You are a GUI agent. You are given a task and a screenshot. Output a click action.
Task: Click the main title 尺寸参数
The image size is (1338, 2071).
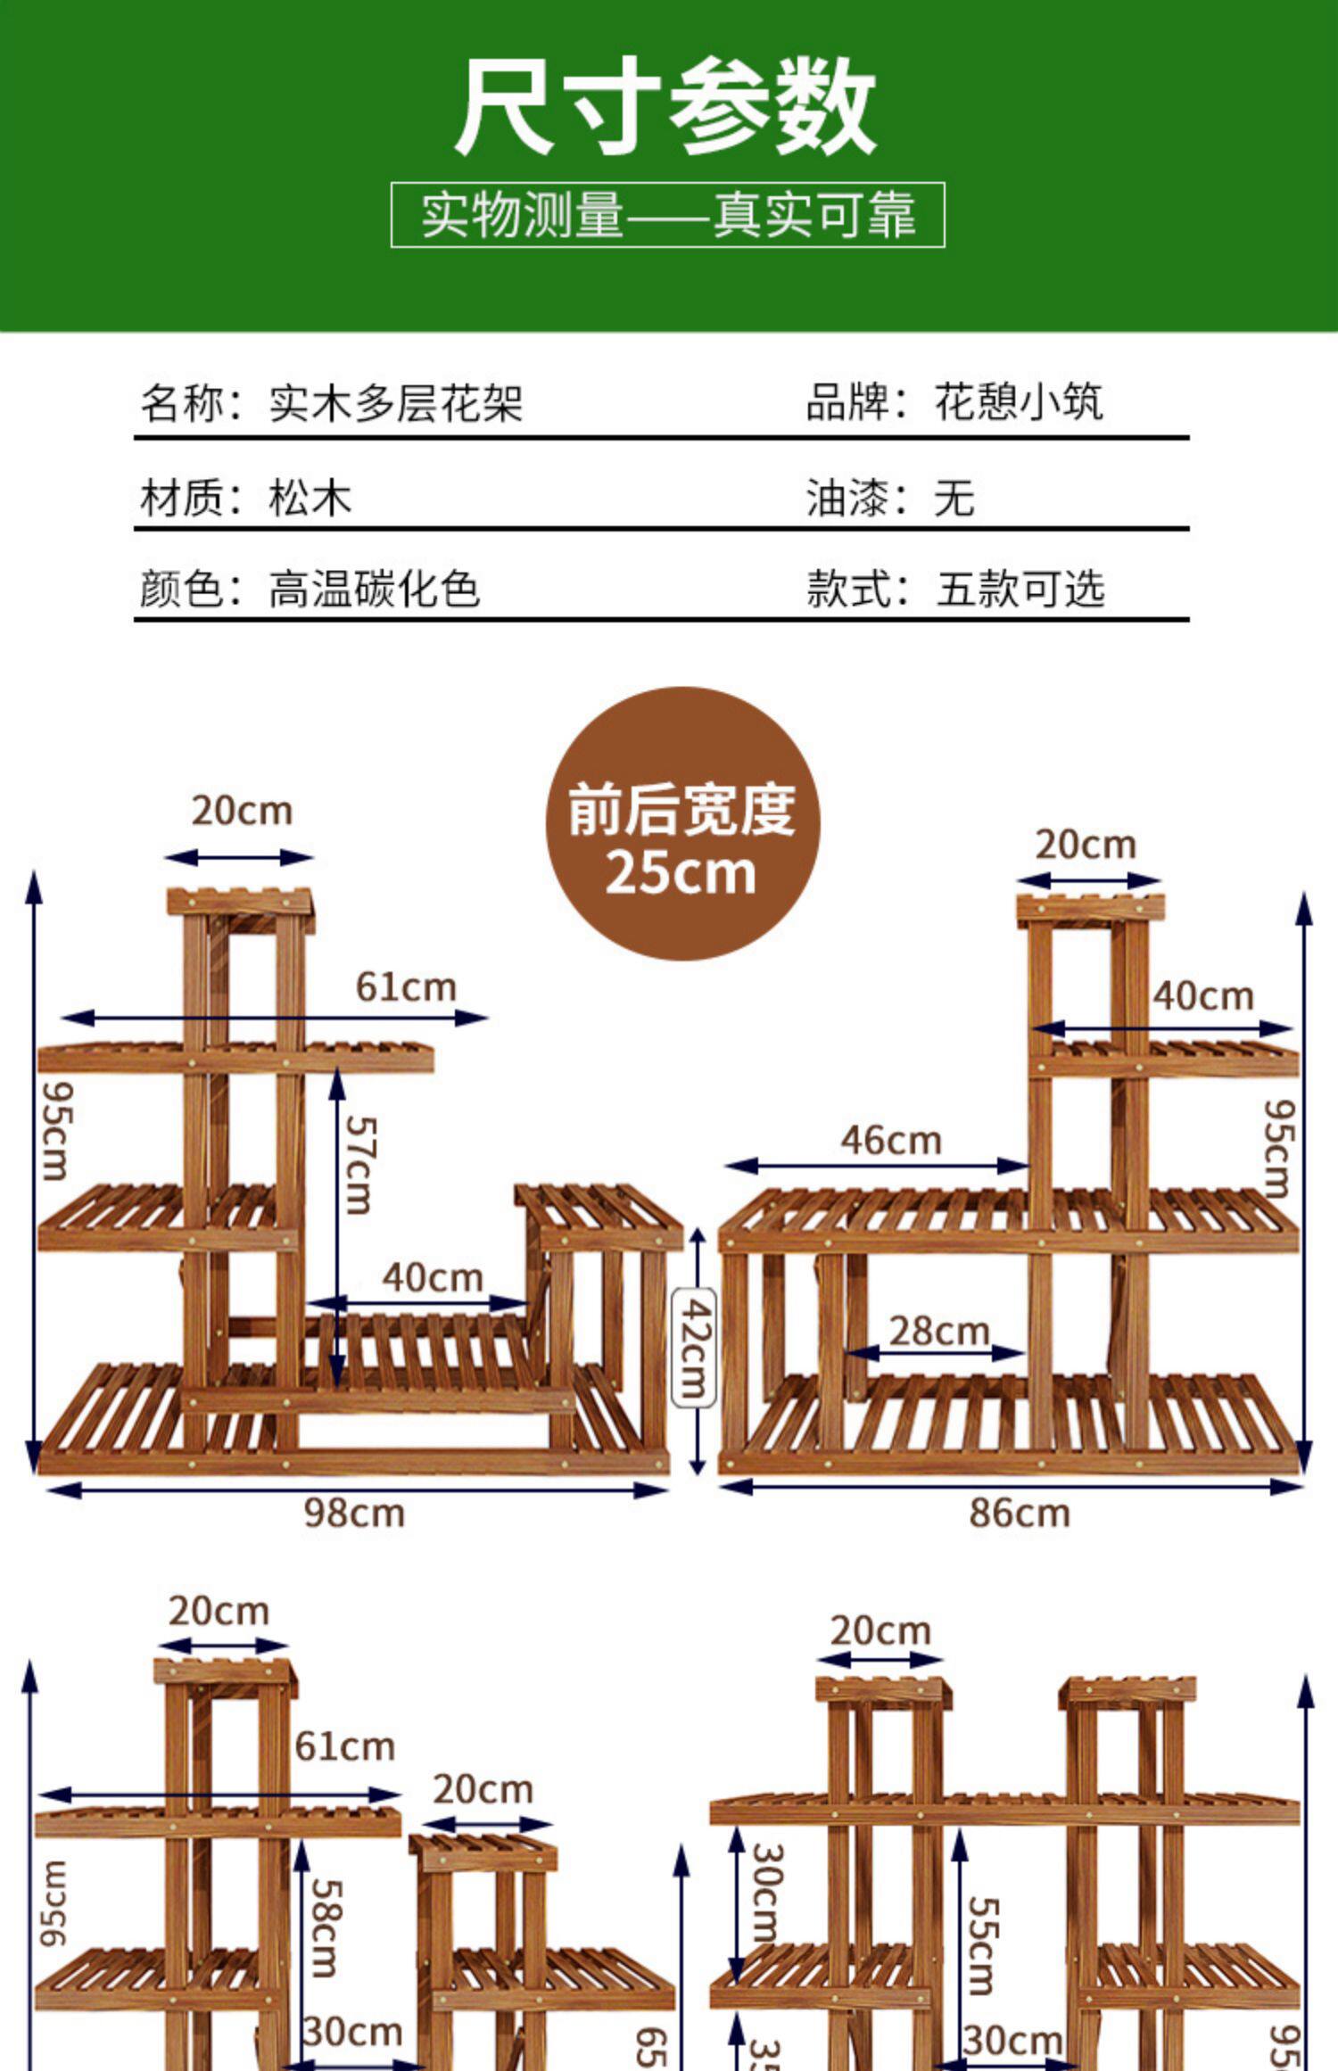tap(667, 107)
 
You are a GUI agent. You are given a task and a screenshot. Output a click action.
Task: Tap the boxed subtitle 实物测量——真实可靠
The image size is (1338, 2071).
tap(667, 215)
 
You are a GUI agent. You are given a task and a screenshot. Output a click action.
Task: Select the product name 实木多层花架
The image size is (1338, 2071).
tap(395, 403)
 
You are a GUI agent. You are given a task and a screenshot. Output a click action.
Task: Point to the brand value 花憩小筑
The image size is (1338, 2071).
tap(1019, 402)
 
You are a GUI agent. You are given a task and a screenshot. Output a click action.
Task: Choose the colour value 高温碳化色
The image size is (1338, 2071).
tap(374, 590)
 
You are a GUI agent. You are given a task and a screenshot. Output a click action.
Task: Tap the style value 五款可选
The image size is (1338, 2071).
tap(1020, 590)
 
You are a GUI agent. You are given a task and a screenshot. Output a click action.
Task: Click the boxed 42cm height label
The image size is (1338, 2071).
tap(693, 1349)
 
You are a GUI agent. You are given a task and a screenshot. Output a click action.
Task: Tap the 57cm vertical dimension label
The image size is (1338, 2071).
tap(359, 1166)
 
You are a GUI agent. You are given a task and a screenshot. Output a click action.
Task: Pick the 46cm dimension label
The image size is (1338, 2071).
tap(890, 1141)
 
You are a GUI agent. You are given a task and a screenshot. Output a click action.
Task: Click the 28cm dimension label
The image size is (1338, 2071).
tap(938, 1332)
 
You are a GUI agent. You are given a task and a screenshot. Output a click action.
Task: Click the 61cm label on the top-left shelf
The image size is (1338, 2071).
tap(406, 987)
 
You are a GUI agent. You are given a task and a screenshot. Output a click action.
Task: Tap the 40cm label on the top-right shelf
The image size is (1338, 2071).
tap(1202, 996)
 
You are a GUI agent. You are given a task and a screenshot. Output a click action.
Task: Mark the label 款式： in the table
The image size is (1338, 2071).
tap(857, 590)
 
